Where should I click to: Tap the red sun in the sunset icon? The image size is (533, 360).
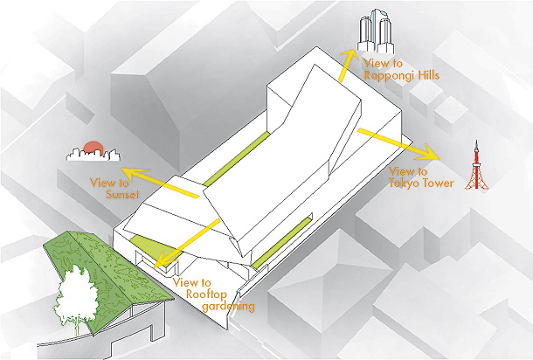coord(93,147)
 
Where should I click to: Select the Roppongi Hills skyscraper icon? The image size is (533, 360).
coord(376,31)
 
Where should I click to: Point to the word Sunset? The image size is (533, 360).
coord(122,195)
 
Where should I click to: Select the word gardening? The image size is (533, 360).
coord(228,307)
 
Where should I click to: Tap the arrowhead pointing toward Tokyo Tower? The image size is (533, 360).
coord(429,152)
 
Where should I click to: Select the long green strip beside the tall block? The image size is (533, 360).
coord(237,159)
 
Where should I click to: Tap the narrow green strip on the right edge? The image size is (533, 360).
coord(282,242)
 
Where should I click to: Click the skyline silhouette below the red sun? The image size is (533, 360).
coord(93,154)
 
